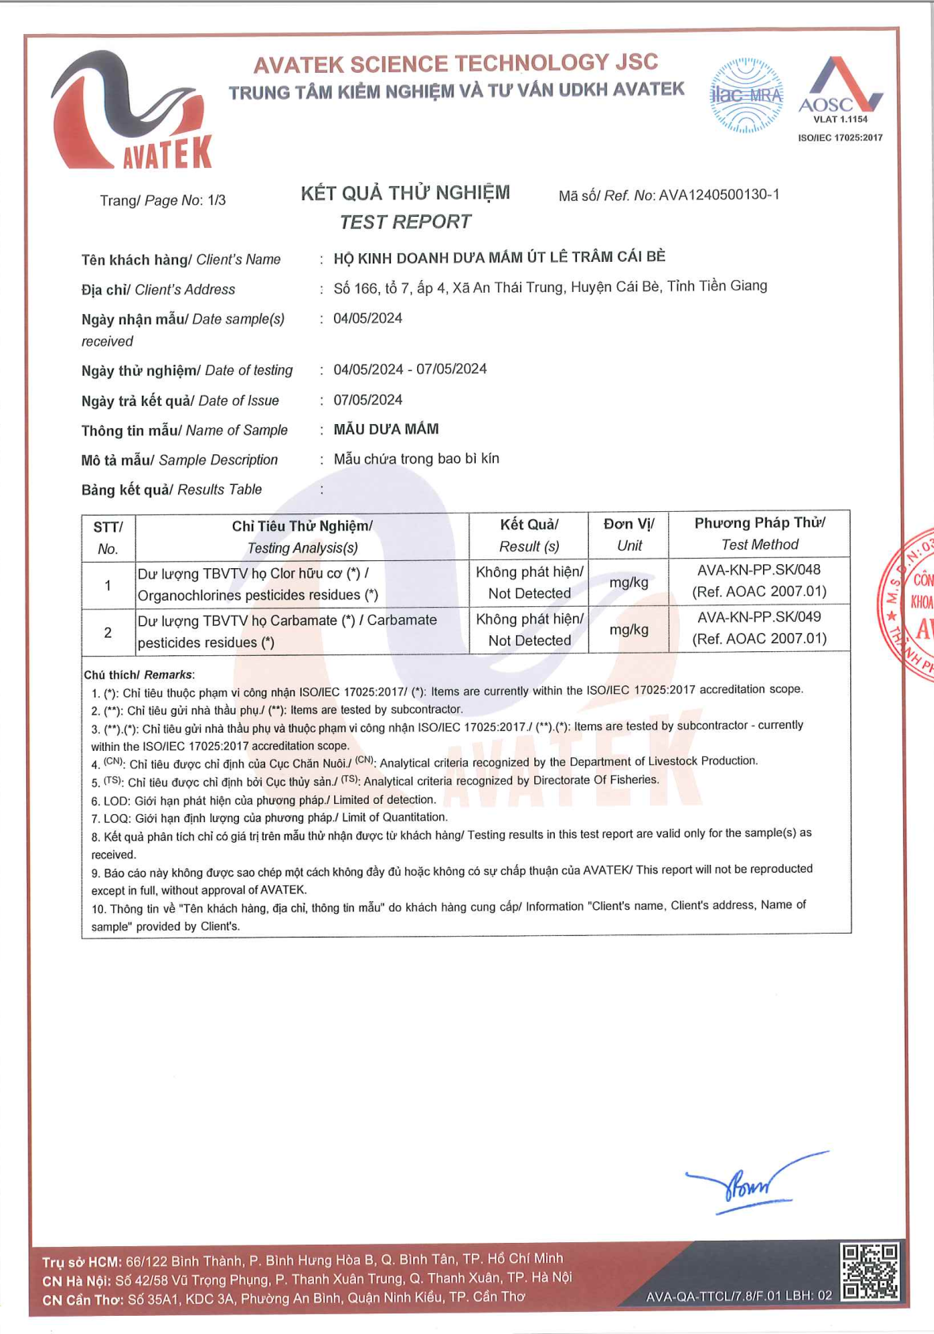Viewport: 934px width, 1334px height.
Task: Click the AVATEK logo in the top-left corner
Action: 131,111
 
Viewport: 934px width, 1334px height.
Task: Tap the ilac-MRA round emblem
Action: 746,96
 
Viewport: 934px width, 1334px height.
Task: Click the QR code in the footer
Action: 869,1271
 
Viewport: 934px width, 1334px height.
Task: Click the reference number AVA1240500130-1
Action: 719,195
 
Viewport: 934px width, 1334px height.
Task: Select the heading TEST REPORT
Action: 405,222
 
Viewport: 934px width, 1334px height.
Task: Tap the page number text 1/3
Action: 216,200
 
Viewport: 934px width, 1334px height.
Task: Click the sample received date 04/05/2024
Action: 367,318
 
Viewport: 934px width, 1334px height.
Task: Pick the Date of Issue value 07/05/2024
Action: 367,400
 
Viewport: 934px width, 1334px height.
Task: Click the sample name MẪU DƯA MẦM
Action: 385,429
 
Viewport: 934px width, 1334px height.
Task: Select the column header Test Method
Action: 759,544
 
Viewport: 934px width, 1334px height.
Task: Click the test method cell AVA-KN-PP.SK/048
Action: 758,570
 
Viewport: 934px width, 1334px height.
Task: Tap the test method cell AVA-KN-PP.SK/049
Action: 758,617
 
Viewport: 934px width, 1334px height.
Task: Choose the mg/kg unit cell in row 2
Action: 628,630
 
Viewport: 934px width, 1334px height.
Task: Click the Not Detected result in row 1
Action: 529,593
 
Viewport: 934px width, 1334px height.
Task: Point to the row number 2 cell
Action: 108,632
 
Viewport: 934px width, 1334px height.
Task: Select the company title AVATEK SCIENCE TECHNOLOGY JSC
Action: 455,63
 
